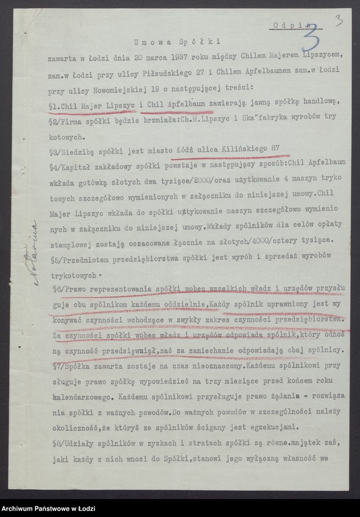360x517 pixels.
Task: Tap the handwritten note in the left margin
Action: point(32,247)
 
